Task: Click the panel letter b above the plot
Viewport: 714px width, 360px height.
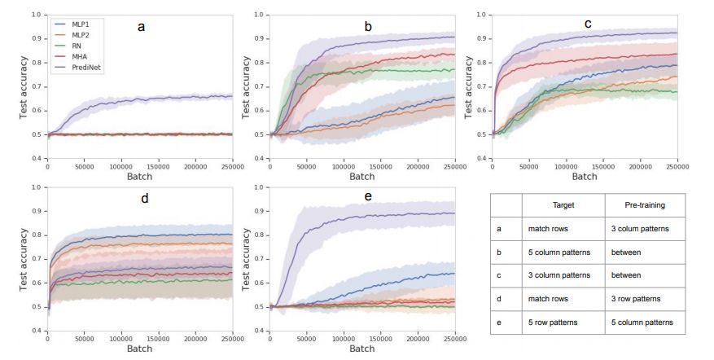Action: coord(368,27)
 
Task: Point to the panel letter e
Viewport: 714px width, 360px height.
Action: coord(367,198)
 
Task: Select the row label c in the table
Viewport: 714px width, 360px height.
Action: coord(499,275)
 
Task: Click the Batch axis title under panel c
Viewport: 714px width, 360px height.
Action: coord(585,176)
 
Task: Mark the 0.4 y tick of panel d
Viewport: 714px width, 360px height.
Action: coord(37,331)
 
